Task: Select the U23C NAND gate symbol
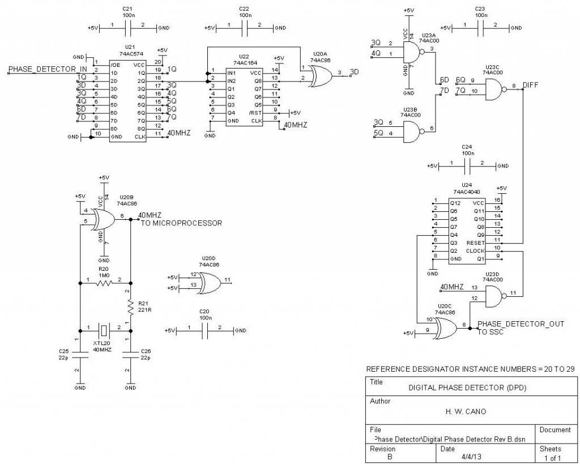[493, 87]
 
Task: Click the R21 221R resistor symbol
[130, 307]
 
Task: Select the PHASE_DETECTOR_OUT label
[521, 324]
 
